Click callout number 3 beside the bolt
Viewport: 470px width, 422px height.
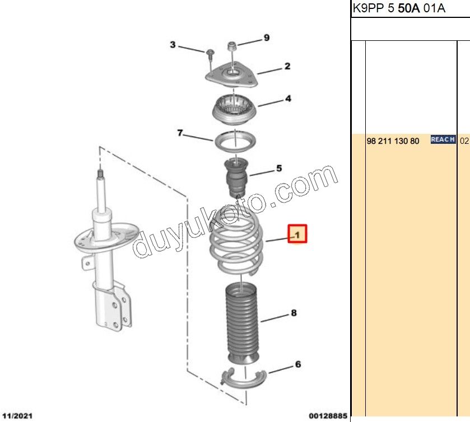[173, 45]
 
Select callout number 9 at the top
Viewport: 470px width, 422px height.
[267, 37]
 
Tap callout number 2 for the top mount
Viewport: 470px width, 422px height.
[287, 66]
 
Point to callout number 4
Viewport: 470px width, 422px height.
[288, 99]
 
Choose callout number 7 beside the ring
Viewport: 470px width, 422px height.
[180, 133]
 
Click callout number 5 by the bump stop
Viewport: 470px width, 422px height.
[279, 168]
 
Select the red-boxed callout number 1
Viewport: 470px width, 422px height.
[297, 234]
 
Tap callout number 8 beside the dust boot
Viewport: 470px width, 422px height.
[294, 313]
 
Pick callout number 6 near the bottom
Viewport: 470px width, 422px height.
[298, 364]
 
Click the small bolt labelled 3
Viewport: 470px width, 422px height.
[210, 53]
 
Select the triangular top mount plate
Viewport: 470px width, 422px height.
[231, 75]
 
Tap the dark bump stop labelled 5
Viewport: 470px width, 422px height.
[236, 178]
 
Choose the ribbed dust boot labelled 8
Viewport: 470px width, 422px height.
[242, 322]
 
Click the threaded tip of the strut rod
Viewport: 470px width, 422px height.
[101, 174]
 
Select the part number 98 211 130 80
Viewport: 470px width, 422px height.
[393, 141]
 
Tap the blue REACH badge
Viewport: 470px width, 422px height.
[443, 139]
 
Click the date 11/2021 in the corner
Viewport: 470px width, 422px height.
[17, 416]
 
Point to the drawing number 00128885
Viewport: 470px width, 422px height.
[328, 416]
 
